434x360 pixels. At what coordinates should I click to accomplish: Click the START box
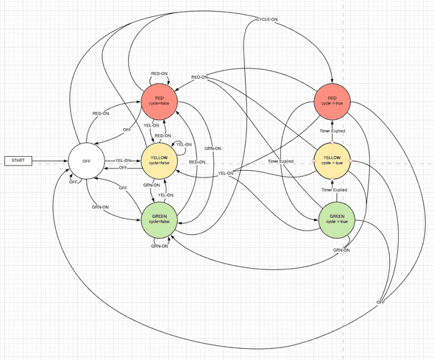click(x=18, y=160)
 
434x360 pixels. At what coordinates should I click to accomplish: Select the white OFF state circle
click(x=87, y=160)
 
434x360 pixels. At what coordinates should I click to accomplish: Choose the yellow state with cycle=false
click(x=159, y=160)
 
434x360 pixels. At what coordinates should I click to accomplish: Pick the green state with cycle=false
click(x=159, y=220)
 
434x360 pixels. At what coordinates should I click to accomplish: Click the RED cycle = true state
click(x=332, y=101)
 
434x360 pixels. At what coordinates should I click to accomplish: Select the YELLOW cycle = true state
click(x=332, y=160)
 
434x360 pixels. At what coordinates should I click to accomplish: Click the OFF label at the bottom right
click(x=380, y=303)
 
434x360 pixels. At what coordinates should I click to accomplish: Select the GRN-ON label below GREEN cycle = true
click(x=341, y=250)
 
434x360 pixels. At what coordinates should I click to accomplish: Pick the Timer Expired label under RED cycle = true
click(x=332, y=130)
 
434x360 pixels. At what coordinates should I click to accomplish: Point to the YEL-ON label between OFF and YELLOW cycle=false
click(x=123, y=160)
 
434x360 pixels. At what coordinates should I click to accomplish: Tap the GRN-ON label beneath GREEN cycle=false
click(x=159, y=246)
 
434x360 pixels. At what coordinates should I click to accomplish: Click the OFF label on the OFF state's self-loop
click(x=73, y=182)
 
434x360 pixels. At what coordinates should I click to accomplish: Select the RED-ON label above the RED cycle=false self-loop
click(x=159, y=73)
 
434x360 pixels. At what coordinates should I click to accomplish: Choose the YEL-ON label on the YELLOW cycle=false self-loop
click(x=183, y=144)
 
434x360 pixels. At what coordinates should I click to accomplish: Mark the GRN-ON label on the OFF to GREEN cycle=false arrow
click(x=100, y=208)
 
